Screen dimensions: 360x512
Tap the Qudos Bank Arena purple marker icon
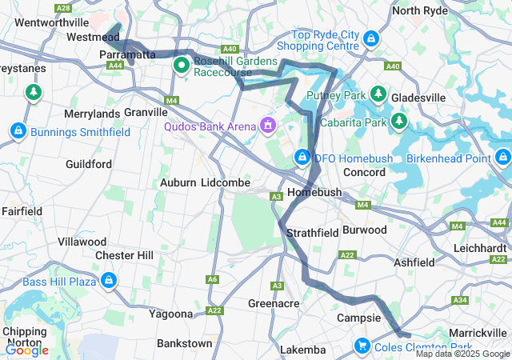pos(266,126)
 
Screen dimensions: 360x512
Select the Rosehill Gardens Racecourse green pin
pos(181,66)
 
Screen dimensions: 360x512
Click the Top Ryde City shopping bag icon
pos(370,38)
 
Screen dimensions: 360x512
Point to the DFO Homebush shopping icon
pos(302,158)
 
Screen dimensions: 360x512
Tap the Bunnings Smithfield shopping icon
pos(18,130)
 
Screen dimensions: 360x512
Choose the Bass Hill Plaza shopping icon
pos(108,281)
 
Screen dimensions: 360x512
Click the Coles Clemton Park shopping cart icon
pos(362,346)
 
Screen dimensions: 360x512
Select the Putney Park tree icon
pos(378,95)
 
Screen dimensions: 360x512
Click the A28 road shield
pos(64,8)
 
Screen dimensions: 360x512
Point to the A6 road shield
pos(212,279)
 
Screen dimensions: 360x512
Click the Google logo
pos(26,350)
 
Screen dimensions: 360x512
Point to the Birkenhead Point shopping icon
pos(502,157)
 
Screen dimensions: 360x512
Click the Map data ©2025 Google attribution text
pos(462,354)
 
